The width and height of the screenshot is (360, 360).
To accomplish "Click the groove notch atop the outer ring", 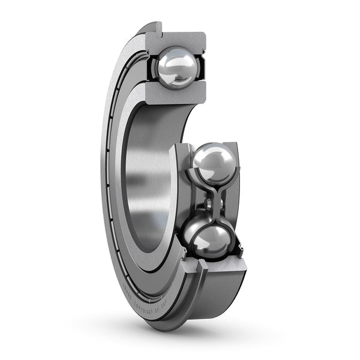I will click(x=154, y=26).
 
